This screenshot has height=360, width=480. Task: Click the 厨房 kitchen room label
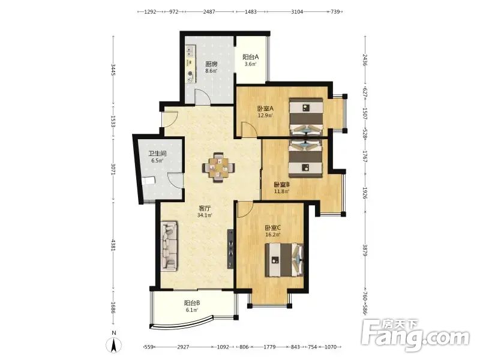point(211,64)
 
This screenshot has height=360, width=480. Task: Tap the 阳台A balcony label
point(251,57)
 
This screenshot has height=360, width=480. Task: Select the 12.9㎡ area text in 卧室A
point(265,115)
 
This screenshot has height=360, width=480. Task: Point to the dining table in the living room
point(218,168)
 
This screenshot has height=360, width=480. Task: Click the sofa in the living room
point(169,246)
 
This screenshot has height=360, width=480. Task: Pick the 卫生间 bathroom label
point(157,154)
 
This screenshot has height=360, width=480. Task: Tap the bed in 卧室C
point(284,260)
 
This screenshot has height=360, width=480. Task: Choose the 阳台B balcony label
point(192,303)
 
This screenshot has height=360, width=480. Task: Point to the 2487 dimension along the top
point(209,12)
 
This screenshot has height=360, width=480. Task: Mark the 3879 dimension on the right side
point(365,250)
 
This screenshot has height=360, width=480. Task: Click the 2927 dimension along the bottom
point(183,347)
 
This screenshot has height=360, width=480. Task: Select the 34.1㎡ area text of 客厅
point(205,215)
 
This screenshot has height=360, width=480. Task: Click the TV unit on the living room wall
point(230,249)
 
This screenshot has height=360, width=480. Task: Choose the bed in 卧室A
point(307,116)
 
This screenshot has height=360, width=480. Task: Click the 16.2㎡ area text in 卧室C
point(272,235)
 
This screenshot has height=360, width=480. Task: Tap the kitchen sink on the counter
point(190,51)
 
